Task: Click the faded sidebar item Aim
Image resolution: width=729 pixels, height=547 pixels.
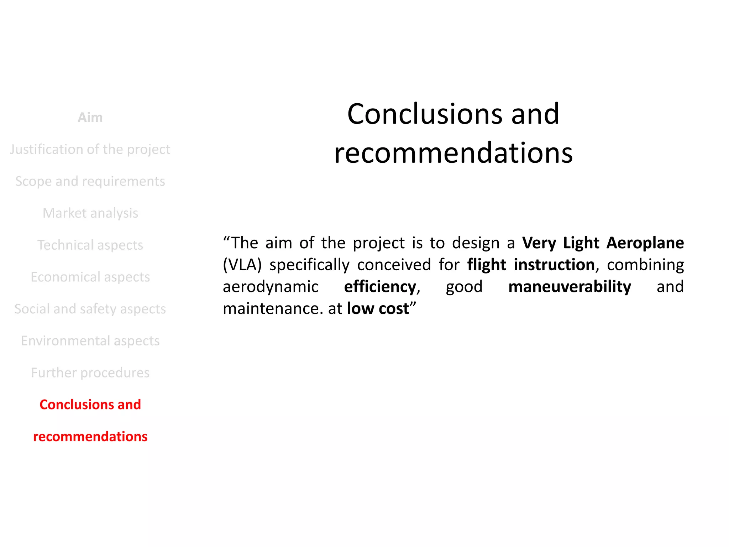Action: pos(90,118)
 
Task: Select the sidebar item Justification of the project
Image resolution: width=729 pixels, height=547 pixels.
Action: pos(90,149)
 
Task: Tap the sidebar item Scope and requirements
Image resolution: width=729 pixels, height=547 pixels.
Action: pos(90,181)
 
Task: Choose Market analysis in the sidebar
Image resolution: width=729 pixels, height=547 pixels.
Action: pos(90,213)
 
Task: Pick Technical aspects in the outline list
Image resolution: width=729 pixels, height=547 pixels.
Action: pos(90,245)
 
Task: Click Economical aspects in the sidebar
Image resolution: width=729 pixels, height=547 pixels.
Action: pos(90,277)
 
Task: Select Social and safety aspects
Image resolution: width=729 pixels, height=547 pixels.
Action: pos(90,309)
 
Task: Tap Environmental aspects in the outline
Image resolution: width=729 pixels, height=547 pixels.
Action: pos(90,341)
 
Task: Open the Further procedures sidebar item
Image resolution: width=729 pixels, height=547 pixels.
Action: pos(90,373)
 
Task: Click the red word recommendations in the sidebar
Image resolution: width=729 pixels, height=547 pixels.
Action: pos(90,437)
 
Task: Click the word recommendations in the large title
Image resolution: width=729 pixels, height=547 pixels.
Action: pos(453,153)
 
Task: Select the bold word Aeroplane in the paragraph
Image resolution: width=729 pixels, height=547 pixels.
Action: pos(645,243)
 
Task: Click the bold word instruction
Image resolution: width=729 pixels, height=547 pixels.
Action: pos(554,265)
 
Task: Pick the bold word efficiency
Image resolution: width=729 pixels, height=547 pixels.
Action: pos(380,287)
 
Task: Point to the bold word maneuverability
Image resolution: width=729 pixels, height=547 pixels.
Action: pos(570,287)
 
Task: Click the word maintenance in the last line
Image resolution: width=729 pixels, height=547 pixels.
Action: pos(271,309)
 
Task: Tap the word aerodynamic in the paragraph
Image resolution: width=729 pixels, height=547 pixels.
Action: pos(271,287)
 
